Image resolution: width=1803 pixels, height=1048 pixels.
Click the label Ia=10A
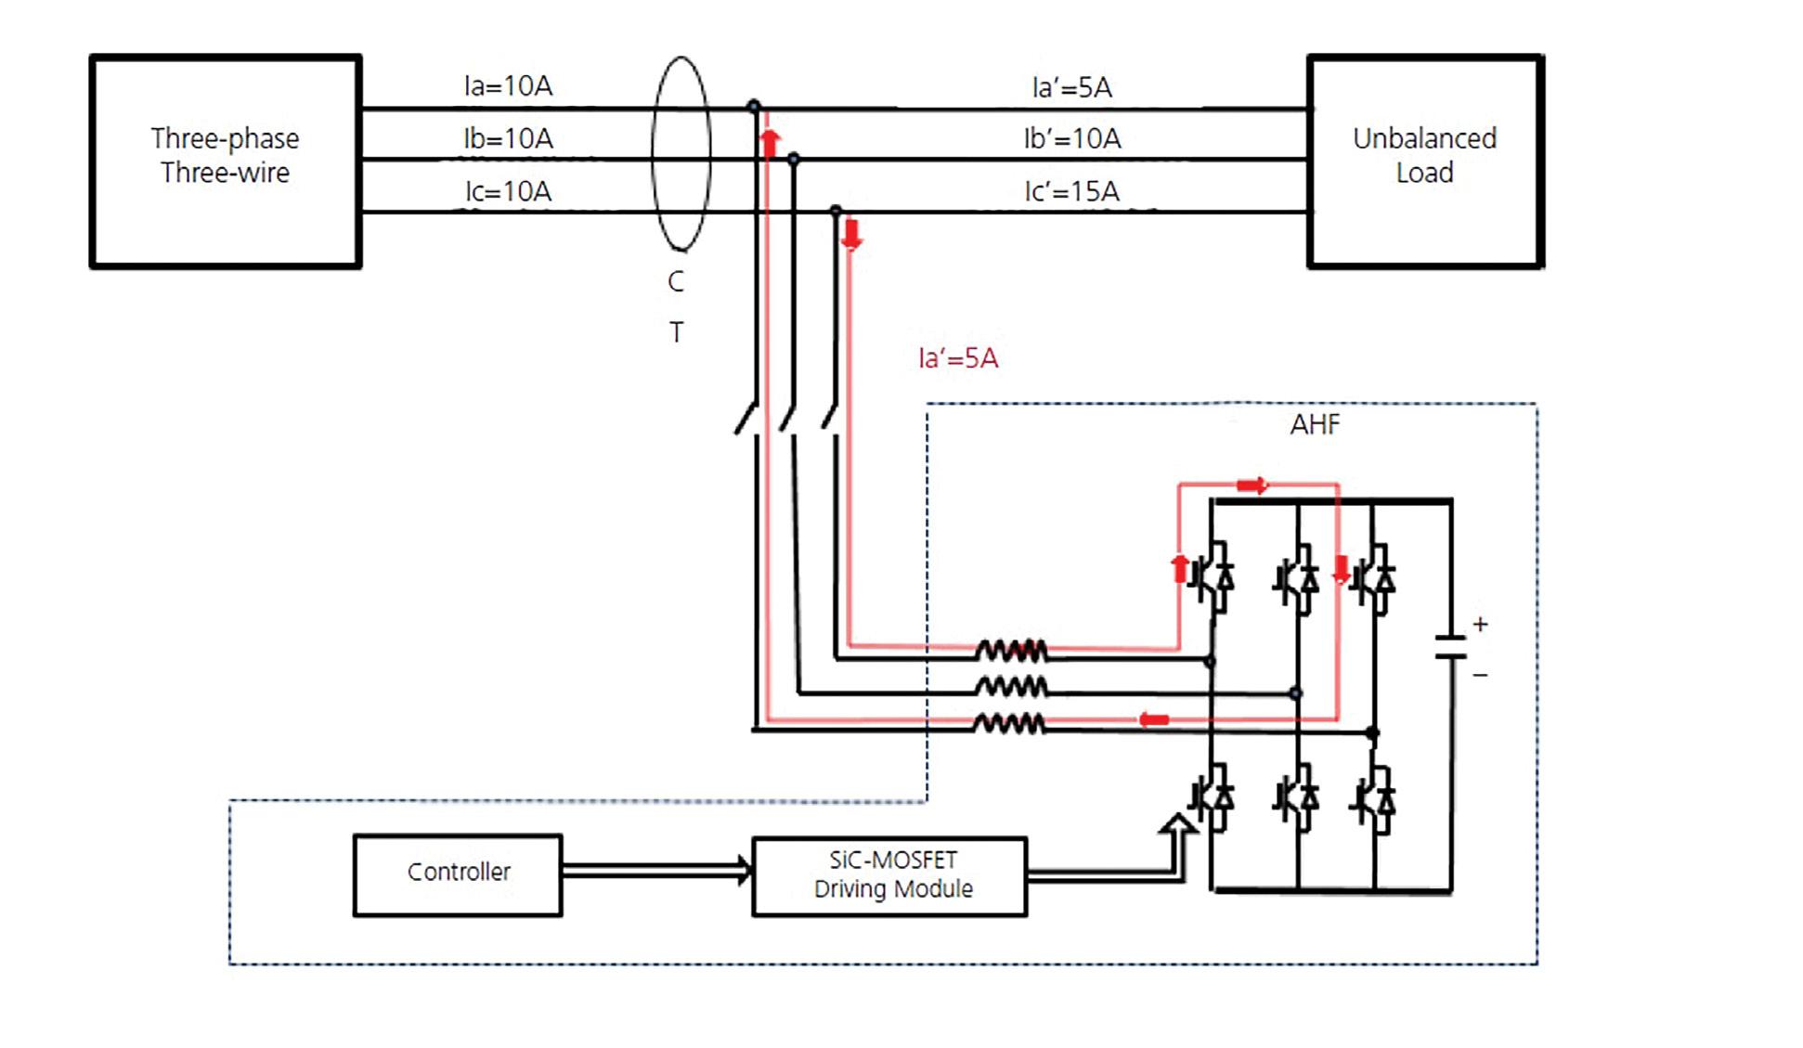508,86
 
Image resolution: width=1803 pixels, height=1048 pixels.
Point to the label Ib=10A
508,139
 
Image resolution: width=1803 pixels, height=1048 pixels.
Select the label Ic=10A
508,191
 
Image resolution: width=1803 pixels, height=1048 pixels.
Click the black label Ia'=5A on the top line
1071,87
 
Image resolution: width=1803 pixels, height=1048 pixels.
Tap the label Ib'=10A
1072,139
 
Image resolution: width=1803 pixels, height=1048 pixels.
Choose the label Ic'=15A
1071,191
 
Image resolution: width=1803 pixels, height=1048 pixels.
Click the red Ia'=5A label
957,358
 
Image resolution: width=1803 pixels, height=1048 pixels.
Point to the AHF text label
1315,425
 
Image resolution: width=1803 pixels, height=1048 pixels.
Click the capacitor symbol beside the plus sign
1450,647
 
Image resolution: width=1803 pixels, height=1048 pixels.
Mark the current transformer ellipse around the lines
653,154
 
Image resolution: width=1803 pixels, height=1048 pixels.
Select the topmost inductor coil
1011,651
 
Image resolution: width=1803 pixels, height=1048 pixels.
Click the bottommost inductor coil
1009,722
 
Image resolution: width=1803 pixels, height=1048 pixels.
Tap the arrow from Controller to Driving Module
656,871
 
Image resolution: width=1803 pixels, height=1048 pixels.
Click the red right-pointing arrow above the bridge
1252,485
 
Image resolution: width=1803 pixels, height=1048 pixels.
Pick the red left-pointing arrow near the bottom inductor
1154,719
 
